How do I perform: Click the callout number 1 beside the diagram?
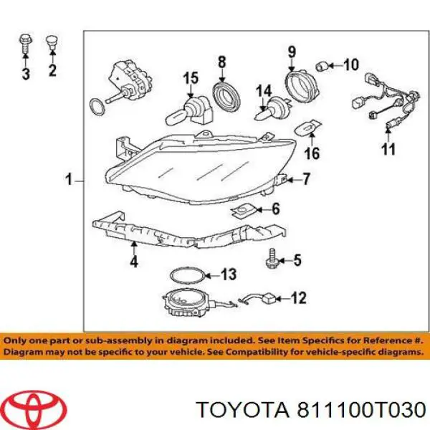click(x=70, y=180)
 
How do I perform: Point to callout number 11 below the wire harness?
click(x=388, y=150)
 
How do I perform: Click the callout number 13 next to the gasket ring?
click(x=228, y=274)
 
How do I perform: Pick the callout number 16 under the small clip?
click(x=311, y=153)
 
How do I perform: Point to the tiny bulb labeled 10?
click(x=325, y=67)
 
